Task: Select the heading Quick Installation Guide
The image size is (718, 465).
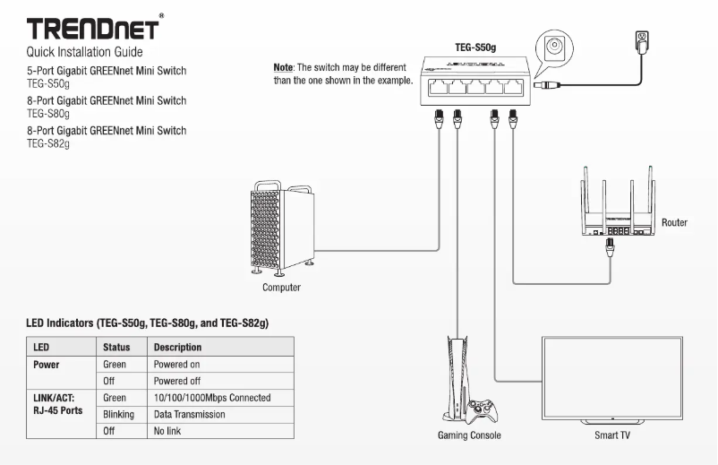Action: pyautogui.click(x=85, y=53)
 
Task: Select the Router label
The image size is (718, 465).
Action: pyautogui.click(x=674, y=222)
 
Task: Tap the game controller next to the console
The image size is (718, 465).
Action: pyautogui.click(x=483, y=410)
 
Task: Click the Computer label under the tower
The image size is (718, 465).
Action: pyautogui.click(x=281, y=288)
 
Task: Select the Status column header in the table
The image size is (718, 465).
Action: pyautogui.click(x=117, y=347)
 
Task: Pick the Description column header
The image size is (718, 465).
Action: pyautogui.click(x=177, y=347)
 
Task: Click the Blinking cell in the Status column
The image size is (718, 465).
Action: pyautogui.click(x=119, y=414)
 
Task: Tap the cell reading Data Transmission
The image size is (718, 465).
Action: pyautogui.click(x=189, y=414)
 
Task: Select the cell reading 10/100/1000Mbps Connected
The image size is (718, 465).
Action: pyautogui.click(x=212, y=397)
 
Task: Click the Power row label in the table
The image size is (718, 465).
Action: pyautogui.click(x=47, y=365)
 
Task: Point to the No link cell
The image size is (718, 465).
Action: pyautogui.click(x=167, y=431)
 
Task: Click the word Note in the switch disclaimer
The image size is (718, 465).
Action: pyautogui.click(x=283, y=68)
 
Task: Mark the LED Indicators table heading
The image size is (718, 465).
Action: pyautogui.click(x=148, y=322)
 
